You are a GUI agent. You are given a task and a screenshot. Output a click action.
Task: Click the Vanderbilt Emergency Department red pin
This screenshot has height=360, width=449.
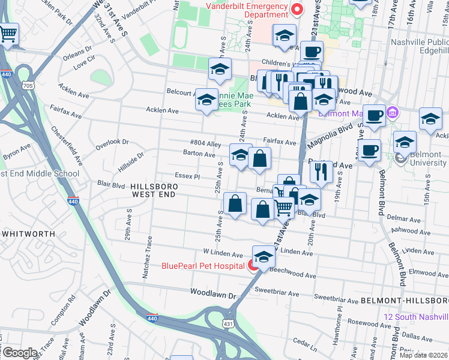coord(297,10)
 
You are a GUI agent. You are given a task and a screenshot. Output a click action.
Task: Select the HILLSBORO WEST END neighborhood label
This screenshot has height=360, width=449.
coord(154,190)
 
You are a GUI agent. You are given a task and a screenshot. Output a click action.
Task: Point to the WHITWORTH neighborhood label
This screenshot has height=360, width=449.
coord(28,233)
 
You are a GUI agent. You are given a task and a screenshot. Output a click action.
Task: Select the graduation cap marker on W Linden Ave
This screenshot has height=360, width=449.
coord(262,257)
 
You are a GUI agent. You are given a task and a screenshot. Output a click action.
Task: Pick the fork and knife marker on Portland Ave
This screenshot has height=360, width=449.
coord(321,172)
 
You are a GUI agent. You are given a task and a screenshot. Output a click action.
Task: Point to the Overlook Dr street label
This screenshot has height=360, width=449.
coord(112,142)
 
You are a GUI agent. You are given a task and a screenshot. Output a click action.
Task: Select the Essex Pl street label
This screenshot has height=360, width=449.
coord(187,177)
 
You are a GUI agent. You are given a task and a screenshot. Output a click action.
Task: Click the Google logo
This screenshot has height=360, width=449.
coord(20,353)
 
